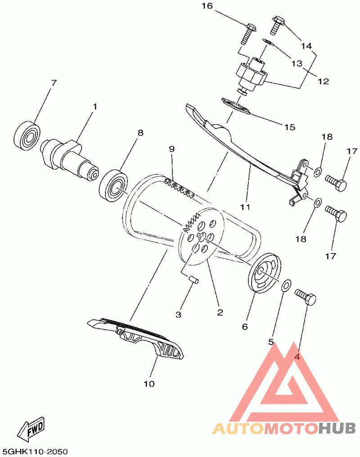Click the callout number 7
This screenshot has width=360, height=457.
(53, 83)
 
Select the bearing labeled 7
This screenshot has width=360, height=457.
(27, 136)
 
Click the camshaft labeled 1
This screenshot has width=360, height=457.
(69, 159)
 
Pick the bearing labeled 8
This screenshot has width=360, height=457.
(113, 186)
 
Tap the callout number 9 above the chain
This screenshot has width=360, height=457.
(171, 149)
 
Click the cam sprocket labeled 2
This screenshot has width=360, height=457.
(201, 236)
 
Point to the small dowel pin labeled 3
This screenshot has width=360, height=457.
(193, 279)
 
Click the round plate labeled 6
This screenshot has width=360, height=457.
(265, 274)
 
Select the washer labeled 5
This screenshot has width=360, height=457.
(286, 285)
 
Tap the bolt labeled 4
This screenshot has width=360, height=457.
(306, 297)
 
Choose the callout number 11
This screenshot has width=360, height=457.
(245, 207)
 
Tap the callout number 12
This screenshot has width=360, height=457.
(323, 81)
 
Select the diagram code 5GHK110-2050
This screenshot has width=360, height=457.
(34, 452)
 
